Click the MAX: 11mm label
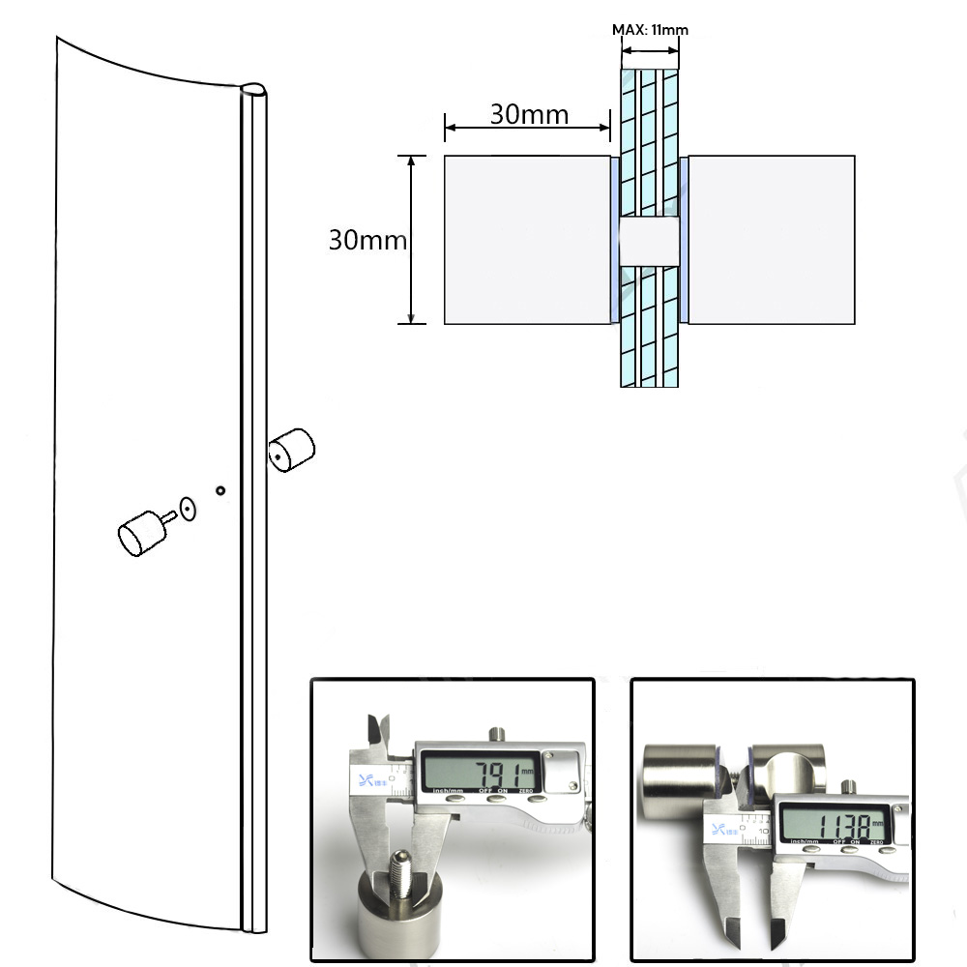650,30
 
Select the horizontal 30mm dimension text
529,114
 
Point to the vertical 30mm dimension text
366,240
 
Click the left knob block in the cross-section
526,240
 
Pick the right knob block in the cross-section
771,240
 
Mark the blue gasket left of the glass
614,240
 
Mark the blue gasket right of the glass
684,240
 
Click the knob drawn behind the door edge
291,451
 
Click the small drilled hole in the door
221,490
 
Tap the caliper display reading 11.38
832,825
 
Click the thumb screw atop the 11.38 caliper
848,786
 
